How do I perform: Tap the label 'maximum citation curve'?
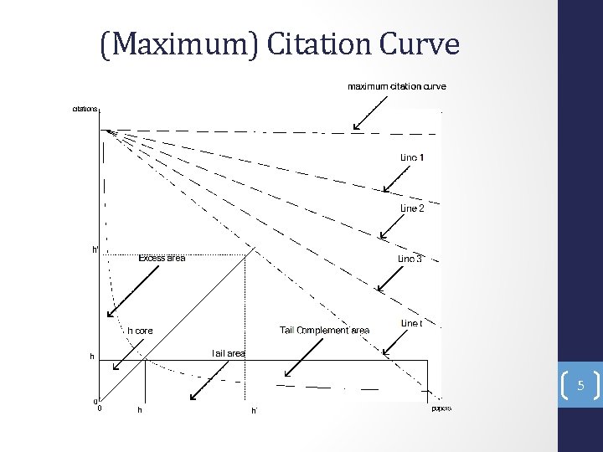point(397,86)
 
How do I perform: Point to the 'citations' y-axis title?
point(85,108)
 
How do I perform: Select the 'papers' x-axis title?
point(441,408)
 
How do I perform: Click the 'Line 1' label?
point(412,157)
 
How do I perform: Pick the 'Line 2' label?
point(412,208)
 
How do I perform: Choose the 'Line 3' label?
point(410,259)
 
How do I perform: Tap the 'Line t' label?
point(411,323)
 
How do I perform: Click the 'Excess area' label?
point(162,258)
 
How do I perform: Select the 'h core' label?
point(140,331)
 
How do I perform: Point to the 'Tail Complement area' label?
point(324,331)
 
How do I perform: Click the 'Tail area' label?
point(228,354)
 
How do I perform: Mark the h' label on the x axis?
point(254,411)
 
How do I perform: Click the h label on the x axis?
point(139,410)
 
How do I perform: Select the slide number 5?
point(580,387)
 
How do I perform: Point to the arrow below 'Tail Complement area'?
point(299,358)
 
